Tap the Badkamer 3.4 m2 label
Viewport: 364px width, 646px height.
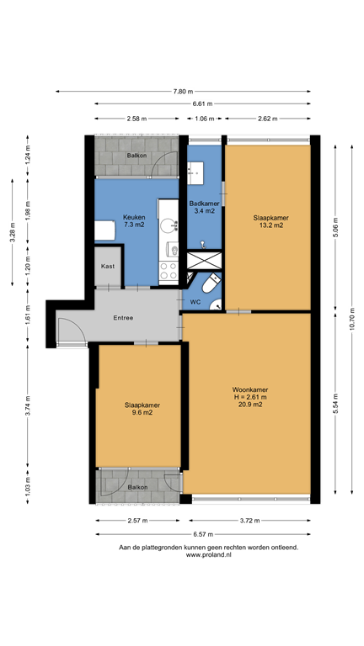[204, 207]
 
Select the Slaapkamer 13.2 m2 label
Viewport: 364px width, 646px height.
[268, 221]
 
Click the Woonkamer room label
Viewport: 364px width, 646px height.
[250, 397]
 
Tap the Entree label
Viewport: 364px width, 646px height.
[124, 317]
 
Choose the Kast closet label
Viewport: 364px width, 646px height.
[108, 266]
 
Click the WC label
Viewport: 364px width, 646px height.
[195, 301]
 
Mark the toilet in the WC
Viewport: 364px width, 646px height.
[212, 283]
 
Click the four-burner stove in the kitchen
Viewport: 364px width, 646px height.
[169, 272]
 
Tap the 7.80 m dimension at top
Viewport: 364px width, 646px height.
[183, 91]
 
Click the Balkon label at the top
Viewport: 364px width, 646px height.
[136, 156]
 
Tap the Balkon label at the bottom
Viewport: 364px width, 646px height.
[138, 488]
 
